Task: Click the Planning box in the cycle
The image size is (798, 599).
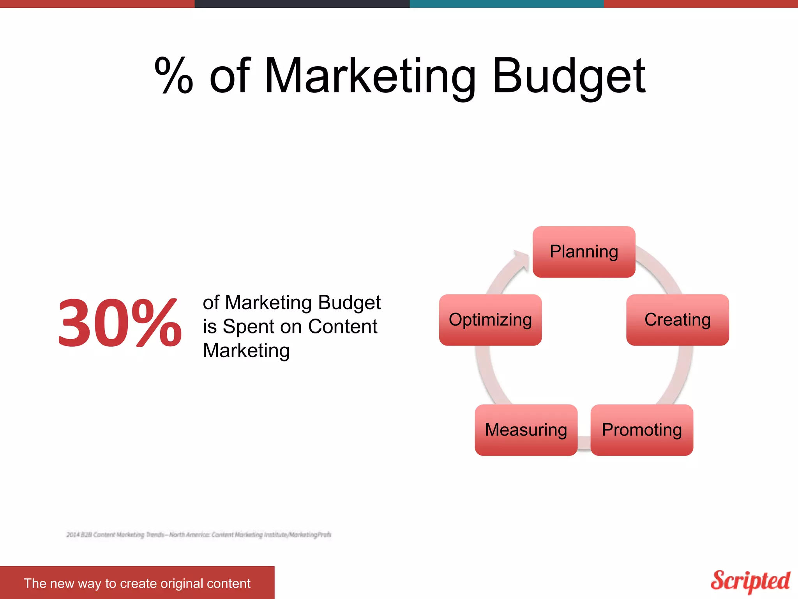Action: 584,252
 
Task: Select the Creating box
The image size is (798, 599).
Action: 677,320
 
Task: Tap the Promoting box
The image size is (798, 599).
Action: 641,430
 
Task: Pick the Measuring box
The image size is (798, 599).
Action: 526,430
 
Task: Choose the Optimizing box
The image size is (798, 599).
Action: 490,320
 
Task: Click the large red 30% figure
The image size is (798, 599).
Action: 119,322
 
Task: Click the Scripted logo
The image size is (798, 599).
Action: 750,581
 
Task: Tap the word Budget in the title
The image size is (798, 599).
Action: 569,76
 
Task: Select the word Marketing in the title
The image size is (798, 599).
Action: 370,76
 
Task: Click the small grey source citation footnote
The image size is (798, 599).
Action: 199,535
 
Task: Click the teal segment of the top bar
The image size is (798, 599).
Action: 507,4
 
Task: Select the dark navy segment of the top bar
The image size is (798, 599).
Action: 302,4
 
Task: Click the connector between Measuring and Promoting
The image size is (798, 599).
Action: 584,443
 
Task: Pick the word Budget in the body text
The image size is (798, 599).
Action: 349,303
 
